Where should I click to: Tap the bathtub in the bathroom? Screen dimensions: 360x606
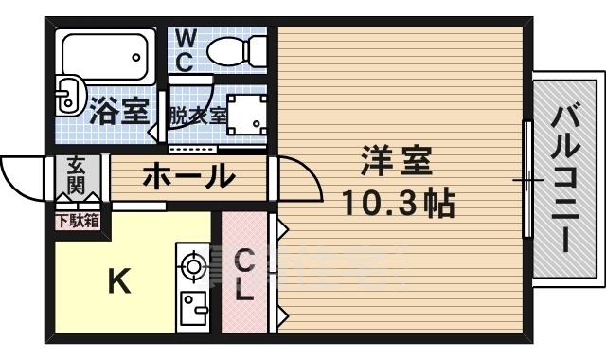click(106, 59)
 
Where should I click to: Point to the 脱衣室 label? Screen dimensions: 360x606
click(198, 117)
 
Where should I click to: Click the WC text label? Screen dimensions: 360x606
click(186, 50)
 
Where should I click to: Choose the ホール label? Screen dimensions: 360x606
click(189, 176)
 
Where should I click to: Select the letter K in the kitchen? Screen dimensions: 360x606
click(117, 281)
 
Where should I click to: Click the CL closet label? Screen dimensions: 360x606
click(244, 275)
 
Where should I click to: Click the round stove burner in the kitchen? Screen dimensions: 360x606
click(193, 267)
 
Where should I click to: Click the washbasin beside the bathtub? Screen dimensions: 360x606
click(67, 94)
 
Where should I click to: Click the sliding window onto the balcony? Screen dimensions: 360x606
click(526, 180)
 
